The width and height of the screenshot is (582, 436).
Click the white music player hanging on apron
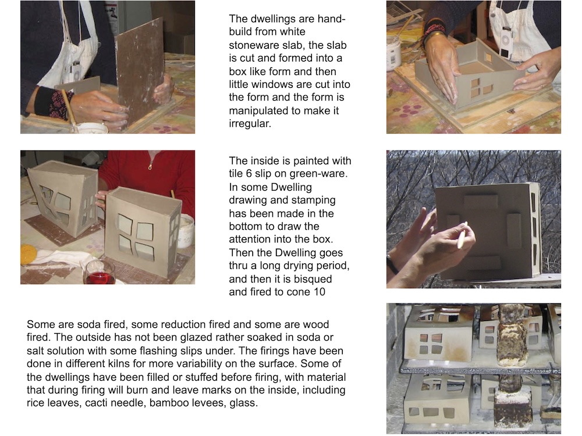click(x=506, y=44)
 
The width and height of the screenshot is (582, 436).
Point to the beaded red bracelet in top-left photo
click(x=59, y=102)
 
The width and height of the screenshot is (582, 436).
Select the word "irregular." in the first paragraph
click(x=250, y=123)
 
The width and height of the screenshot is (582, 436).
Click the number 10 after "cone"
click(x=319, y=292)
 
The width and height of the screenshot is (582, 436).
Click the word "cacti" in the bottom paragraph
click(x=98, y=403)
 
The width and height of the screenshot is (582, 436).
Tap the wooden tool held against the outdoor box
click(x=462, y=235)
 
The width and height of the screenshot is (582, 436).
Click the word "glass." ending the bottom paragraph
click(x=243, y=403)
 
